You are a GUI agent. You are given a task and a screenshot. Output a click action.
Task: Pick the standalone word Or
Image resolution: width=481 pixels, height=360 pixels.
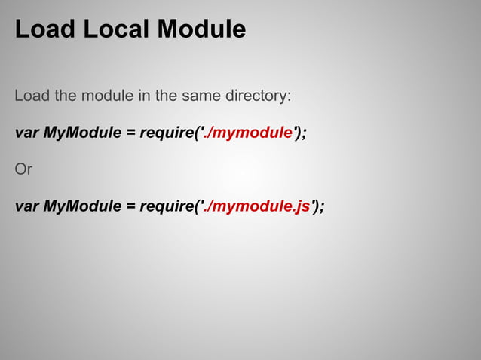point(23,169)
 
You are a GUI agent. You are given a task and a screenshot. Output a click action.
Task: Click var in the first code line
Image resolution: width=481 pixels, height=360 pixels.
point(26,133)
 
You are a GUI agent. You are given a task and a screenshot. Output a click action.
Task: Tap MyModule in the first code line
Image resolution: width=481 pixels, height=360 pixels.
point(82,133)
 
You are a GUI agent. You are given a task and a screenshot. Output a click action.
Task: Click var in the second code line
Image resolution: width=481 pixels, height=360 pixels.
point(26,206)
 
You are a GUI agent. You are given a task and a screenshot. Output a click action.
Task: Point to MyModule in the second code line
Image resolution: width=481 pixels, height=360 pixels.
point(82,206)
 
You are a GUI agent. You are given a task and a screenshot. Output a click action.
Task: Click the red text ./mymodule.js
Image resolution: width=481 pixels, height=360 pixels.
point(256,206)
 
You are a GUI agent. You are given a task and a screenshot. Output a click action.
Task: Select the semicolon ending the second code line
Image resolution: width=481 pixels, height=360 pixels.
point(323,207)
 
